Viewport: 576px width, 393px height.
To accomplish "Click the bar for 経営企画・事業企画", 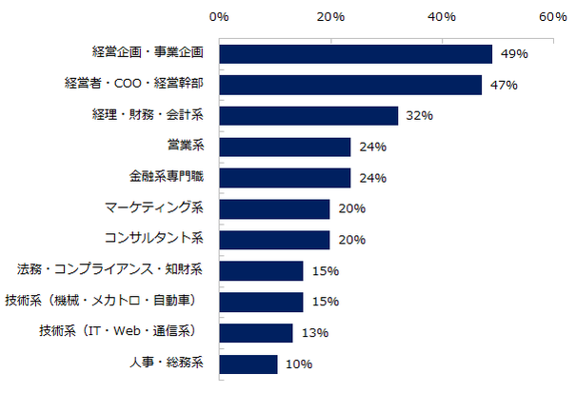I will (355, 54).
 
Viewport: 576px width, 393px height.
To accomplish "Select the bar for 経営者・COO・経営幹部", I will (350, 86).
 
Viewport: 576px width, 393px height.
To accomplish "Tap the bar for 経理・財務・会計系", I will (308, 116).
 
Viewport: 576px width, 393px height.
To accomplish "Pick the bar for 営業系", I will (285, 147).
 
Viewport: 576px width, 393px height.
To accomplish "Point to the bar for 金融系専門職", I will (285, 178).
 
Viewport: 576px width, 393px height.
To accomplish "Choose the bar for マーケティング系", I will (274, 208).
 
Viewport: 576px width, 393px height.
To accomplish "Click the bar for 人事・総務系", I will (248, 364).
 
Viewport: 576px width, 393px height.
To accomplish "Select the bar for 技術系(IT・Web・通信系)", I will (255, 332).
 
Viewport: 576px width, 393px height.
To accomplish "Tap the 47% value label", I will (503, 86).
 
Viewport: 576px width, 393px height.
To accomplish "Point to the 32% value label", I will (420, 116).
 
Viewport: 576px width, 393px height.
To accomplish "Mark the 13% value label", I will (314, 333).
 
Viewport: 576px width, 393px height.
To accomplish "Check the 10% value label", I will (298, 364).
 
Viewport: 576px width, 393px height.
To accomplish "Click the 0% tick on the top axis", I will (219, 17).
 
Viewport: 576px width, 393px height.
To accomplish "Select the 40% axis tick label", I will (442, 17).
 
